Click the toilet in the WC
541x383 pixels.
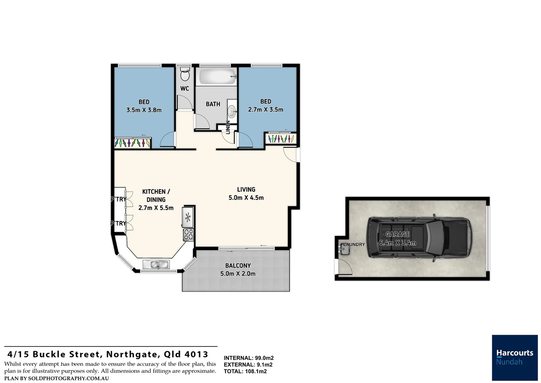click(184, 75)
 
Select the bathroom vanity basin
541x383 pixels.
click(232, 111)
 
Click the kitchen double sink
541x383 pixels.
click(156, 265)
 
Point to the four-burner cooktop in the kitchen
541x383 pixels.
click(188, 234)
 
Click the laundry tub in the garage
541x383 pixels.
click(344, 250)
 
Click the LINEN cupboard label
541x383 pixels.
click(228, 127)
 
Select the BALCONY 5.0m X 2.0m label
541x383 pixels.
click(238, 270)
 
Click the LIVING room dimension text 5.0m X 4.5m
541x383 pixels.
click(246, 198)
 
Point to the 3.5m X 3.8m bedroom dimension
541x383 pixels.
click(144, 110)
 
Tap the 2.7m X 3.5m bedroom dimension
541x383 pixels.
click(266, 110)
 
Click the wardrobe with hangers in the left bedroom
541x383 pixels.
click(133, 143)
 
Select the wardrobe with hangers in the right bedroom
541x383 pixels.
click(281, 138)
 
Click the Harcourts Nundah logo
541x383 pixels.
click(514, 357)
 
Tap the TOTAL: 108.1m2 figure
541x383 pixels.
click(245, 371)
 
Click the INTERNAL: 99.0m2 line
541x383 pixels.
click(249, 358)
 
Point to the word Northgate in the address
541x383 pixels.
click(132, 354)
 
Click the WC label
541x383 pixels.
click(184, 89)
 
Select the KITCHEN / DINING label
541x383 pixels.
click(156, 196)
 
